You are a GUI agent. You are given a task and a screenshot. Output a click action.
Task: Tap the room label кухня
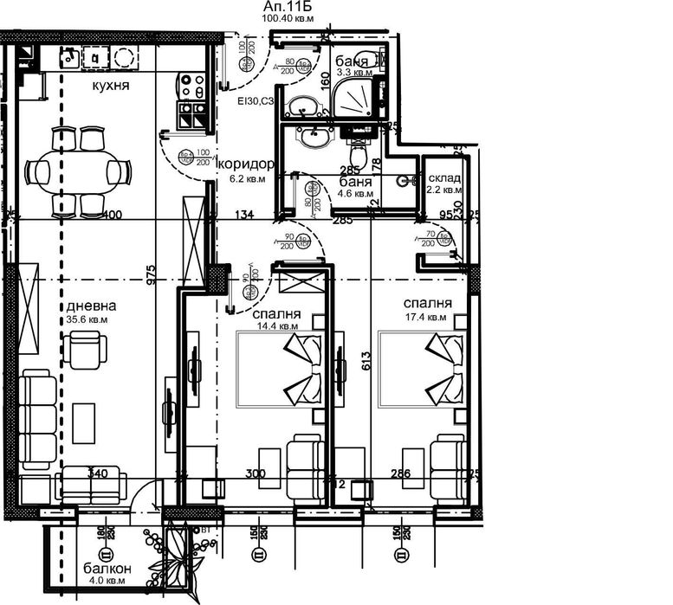[x=111, y=87]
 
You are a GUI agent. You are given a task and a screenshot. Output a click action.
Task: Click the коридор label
[x=247, y=164]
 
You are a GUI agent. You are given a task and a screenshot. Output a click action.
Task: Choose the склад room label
[x=445, y=178]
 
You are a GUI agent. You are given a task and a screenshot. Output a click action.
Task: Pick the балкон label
[x=107, y=569]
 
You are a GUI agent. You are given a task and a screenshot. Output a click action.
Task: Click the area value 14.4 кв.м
[x=278, y=326]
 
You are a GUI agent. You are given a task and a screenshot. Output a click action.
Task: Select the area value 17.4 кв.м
[x=426, y=317]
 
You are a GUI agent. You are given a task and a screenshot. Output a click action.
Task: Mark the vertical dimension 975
[x=151, y=274]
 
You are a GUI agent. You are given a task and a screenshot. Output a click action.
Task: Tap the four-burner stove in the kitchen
[x=191, y=86]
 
